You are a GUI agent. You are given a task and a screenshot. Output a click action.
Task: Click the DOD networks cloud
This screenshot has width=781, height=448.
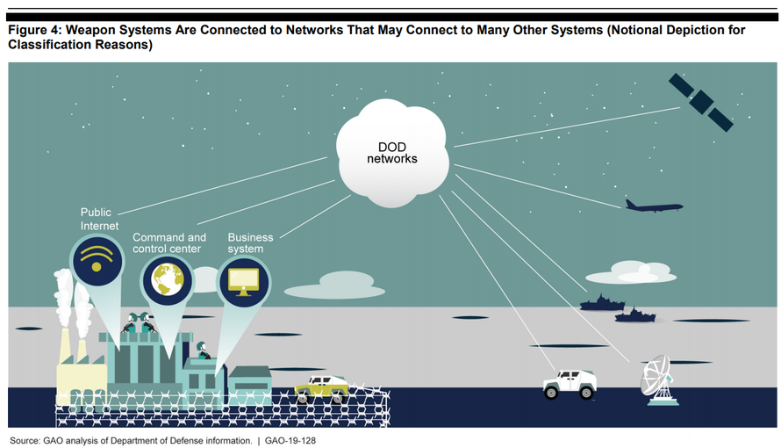click(392, 153)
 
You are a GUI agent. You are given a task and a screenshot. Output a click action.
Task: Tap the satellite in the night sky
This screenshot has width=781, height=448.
click(701, 103)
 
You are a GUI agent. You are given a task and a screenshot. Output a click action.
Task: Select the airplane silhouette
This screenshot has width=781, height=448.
click(654, 206)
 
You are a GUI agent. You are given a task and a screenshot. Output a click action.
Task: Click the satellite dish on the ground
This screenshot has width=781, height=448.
click(658, 379)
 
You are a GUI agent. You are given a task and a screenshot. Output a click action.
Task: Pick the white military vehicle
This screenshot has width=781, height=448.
click(570, 384)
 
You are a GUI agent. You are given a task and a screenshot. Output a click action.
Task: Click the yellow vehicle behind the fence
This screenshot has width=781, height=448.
click(322, 388)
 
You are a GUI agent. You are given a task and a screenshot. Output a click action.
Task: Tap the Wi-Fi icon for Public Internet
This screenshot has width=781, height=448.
click(97, 260)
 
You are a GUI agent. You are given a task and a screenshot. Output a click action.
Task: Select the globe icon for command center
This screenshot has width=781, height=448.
click(168, 280)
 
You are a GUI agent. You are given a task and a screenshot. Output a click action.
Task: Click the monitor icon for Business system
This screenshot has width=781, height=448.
click(244, 282)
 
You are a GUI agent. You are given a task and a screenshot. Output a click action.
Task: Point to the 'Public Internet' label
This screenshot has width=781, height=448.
click(100, 219)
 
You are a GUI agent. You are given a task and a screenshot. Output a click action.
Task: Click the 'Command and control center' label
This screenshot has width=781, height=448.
click(169, 242)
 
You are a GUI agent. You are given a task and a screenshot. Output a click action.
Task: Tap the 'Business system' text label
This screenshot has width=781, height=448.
click(251, 242)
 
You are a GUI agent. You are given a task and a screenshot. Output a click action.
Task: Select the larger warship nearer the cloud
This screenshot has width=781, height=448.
click(602, 303)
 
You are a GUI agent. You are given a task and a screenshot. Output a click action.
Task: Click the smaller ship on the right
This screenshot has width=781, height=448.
click(635, 315)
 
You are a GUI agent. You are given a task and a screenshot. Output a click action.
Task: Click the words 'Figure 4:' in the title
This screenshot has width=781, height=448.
click(35, 30)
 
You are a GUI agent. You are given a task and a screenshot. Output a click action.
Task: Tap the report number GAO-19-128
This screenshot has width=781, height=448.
click(290, 440)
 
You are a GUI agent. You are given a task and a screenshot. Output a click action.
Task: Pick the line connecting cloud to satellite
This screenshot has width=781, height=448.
click(567, 127)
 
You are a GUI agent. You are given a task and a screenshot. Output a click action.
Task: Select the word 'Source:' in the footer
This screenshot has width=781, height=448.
click(25, 440)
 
